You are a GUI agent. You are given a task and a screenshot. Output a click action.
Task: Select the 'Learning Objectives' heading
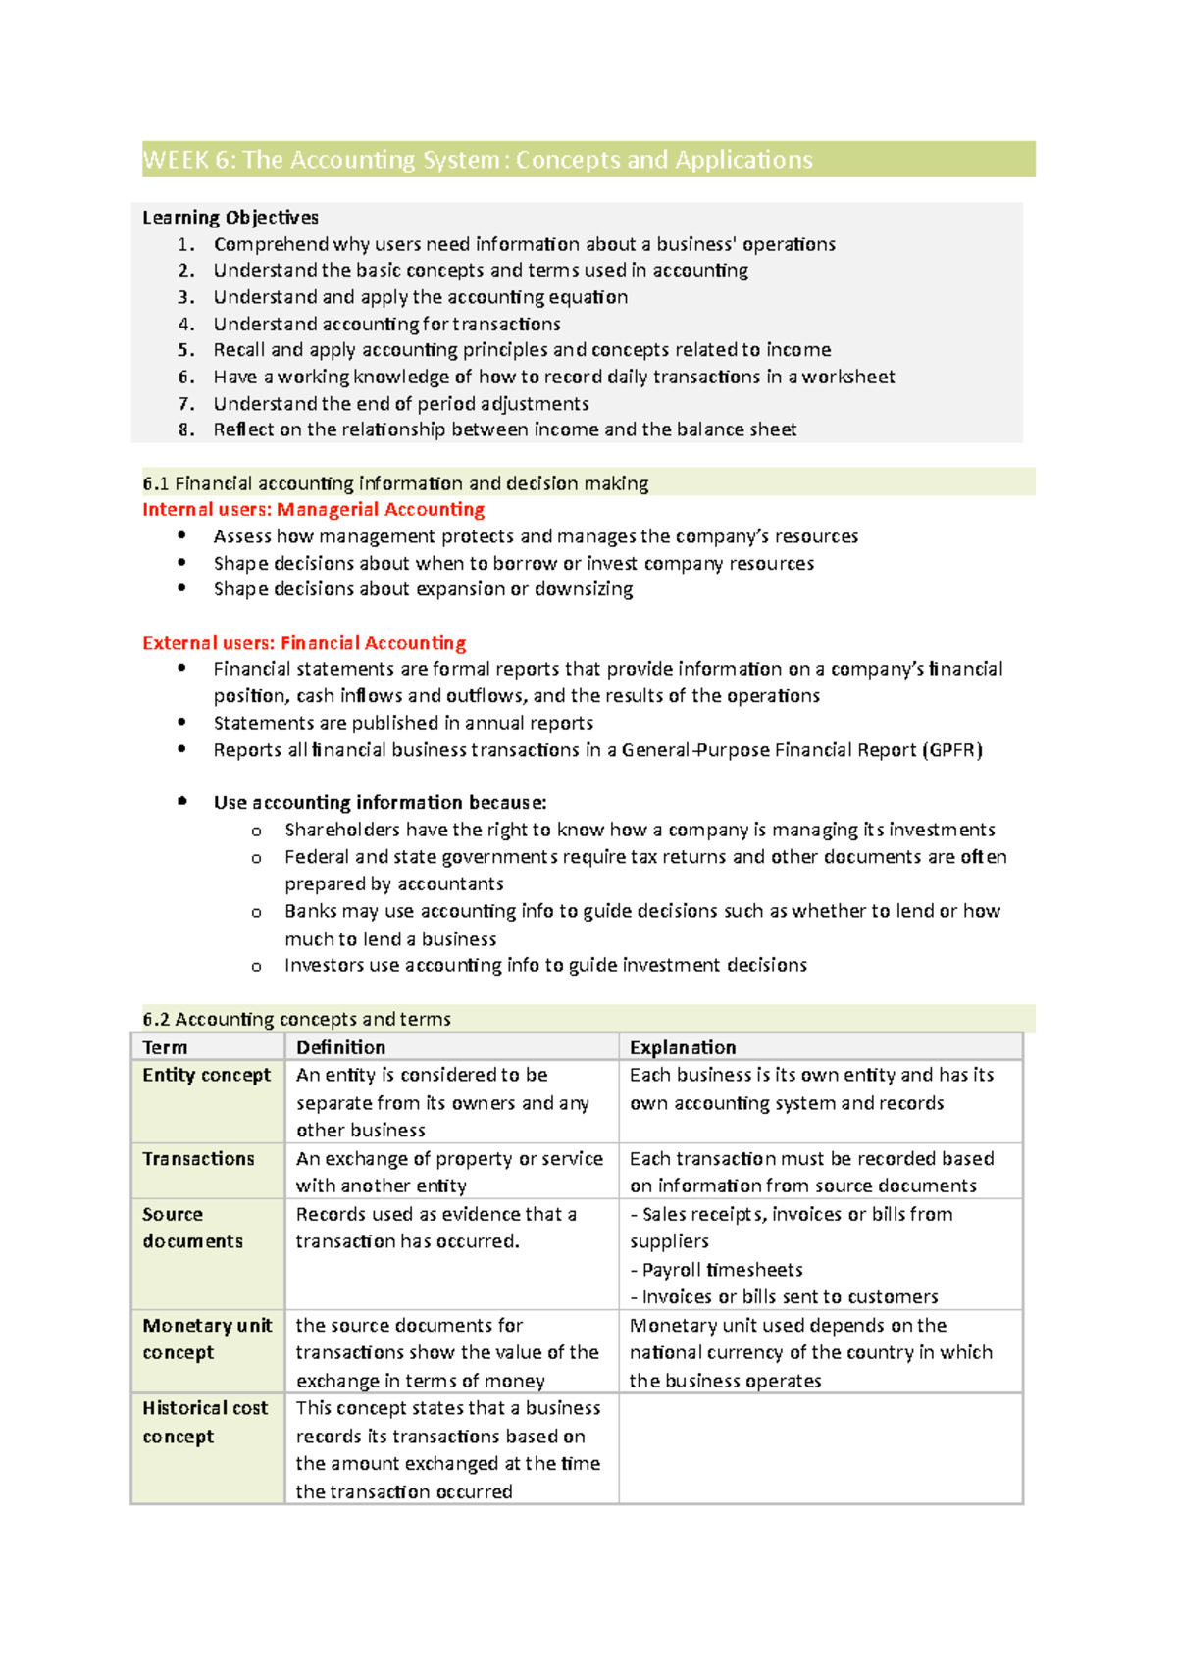[x=230, y=217]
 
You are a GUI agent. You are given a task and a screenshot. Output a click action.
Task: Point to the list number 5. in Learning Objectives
[x=186, y=350]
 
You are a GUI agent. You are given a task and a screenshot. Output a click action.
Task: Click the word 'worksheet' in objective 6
[x=848, y=377]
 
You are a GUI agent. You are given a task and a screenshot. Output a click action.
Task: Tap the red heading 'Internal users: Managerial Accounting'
[x=313, y=509]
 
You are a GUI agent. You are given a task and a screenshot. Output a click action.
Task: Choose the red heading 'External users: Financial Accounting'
[x=304, y=643]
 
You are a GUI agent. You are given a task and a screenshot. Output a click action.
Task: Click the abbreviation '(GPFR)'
[x=952, y=750]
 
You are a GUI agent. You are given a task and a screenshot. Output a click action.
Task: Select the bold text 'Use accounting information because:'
[x=380, y=802]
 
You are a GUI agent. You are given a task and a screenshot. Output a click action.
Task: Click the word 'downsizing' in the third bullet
[x=584, y=589]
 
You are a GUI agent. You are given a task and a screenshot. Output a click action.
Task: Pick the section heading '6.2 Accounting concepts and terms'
[x=296, y=1019]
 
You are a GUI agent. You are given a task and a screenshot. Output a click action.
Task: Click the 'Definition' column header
[x=340, y=1047]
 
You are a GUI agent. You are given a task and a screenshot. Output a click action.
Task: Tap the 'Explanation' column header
[x=683, y=1047]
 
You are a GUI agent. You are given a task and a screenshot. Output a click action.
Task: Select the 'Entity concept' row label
[x=206, y=1075]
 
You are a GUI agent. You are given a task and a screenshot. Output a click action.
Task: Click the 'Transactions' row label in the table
[x=198, y=1159]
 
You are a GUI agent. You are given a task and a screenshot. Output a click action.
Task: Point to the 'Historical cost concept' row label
[x=204, y=1422]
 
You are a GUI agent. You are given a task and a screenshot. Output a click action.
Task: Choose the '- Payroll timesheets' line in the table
[x=716, y=1270]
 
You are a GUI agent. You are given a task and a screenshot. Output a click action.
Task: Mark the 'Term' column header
[x=165, y=1047]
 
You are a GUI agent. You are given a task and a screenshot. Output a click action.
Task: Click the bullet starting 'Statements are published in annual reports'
[x=403, y=723]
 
